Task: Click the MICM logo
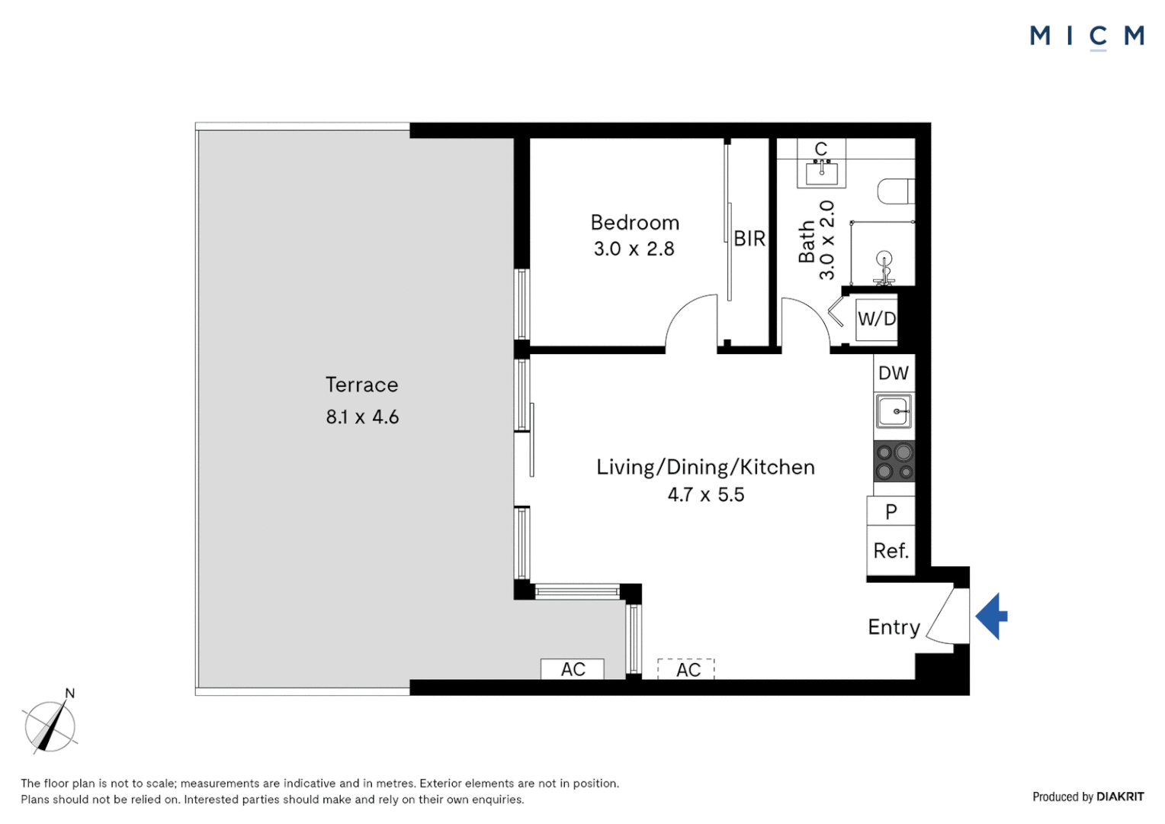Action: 1086,36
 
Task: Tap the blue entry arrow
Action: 991,616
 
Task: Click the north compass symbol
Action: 50,726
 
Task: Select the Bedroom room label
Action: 634,223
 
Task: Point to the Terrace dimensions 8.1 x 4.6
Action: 362,417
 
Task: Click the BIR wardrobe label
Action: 749,239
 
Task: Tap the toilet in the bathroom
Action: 895,191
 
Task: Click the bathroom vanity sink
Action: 821,173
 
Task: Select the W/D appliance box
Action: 876,319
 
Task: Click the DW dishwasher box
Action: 894,373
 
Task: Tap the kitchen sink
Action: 893,412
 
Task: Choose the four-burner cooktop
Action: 894,462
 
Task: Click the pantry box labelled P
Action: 891,511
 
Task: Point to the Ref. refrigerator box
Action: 891,551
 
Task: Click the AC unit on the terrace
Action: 573,669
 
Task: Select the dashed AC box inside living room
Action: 686,669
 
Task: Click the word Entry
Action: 894,627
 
